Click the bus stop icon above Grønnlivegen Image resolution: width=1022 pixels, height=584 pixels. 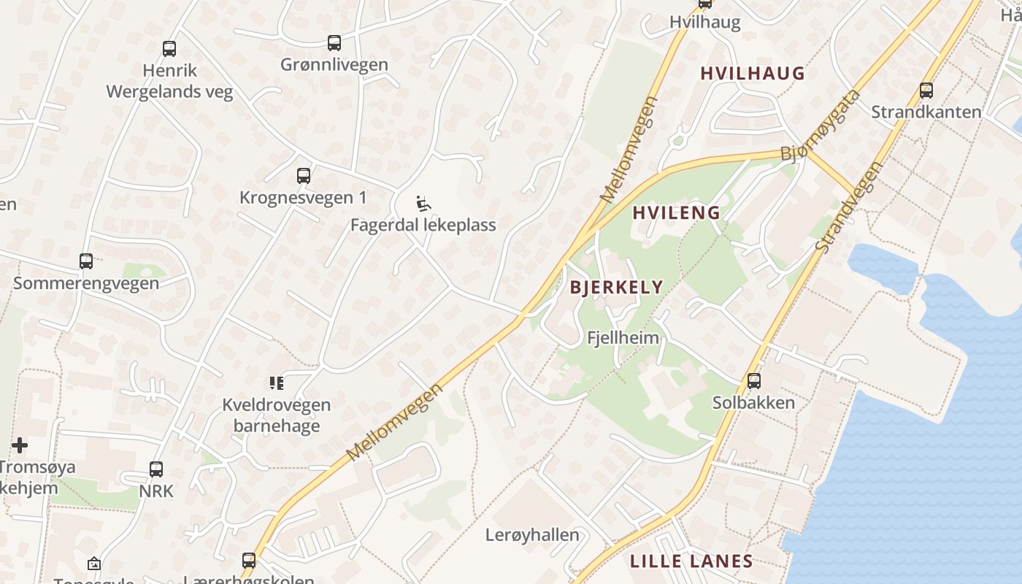pos(334,43)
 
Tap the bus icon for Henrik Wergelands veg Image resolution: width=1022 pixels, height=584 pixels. pos(169,49)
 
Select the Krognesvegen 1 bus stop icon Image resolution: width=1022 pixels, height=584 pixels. pos(304,176)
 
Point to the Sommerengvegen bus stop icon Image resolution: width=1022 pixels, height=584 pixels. pos(86,261)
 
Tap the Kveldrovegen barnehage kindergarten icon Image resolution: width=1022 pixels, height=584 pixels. pos(276,383)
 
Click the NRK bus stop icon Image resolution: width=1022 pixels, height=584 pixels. pos(156,469)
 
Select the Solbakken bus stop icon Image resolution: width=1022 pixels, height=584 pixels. pos(753,381)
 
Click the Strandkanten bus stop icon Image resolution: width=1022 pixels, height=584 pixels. pos(926,91)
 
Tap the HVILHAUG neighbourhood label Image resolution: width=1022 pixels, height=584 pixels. pos(753,73)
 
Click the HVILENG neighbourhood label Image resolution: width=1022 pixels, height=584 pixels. pos(677,213)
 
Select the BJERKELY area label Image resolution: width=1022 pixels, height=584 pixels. pos(617,287)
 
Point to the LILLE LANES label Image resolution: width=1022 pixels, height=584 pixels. pos(691,561)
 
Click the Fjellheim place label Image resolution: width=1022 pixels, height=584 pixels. pos(623,338)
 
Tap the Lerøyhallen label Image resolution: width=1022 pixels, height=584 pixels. pos(532,535)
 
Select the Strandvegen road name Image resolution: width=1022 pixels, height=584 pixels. pos(849,207)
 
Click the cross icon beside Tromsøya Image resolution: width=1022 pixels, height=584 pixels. pos(20,445)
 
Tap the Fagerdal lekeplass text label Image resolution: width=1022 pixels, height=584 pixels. pos(423,225)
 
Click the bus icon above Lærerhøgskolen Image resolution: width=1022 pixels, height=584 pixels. pos(249,561)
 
